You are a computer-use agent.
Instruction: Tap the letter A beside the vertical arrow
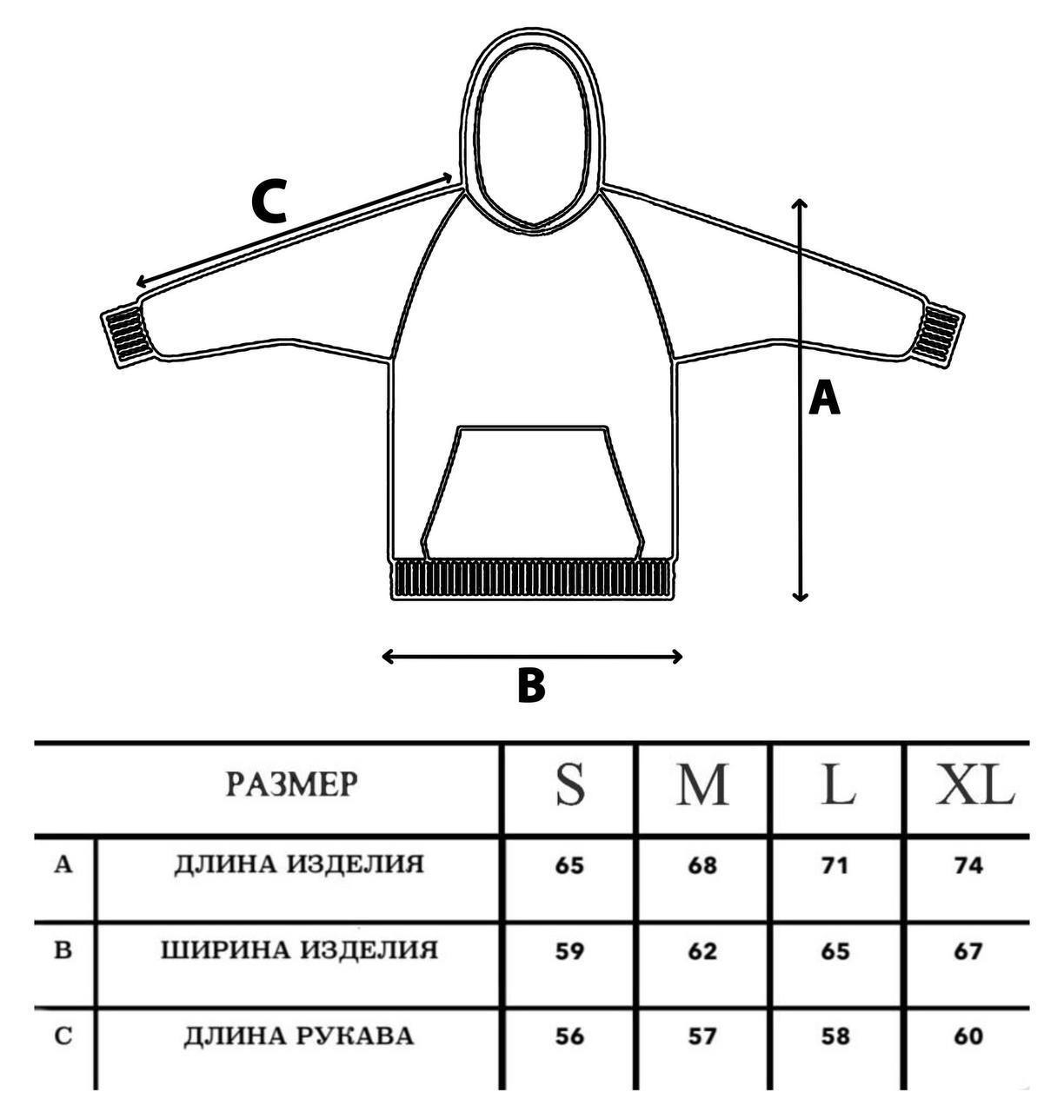[824, 400]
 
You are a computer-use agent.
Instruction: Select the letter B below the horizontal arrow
[531, 685]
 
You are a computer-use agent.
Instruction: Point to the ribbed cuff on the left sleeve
[123, 334]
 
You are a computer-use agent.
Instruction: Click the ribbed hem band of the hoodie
[533, 579]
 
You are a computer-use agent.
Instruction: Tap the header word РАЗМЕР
[291, 784]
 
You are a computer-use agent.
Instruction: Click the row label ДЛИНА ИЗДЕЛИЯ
[299, 864]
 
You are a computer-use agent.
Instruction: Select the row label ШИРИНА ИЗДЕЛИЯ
[299, 950]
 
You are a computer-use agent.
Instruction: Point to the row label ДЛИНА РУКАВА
[299, 1036]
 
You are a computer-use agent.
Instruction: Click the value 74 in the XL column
[968, 865]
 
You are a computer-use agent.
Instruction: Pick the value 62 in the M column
[702, 951]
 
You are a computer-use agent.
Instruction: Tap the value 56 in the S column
[570, 1036]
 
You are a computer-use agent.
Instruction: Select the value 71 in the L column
[835, 865]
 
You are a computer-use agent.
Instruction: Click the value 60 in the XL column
[968, 1036]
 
